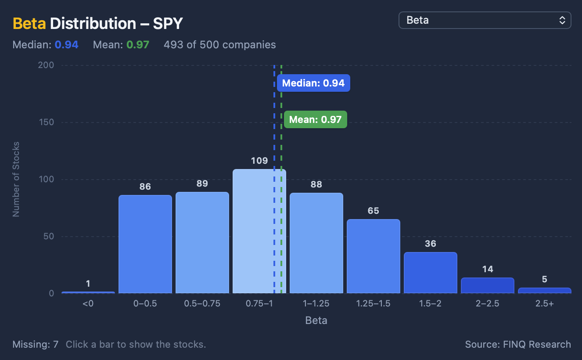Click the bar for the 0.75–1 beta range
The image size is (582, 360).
pyautogui.click(x=259, y=231)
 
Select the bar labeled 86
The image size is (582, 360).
pyautogui.click(x=145, y=245)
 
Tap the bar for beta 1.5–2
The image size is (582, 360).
pyautogui.click(x=431, y=273)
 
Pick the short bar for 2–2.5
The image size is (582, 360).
pyautogui.click(x=488, y=286)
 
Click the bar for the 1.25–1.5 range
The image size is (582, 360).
pyautogui.click(x=374, y=256)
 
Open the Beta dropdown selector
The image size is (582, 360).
pyautogui.click(x=485, y=20)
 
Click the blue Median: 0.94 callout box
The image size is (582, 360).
pyautogui.click(x=313, y=83)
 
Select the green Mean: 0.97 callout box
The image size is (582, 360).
pyautogui.click(x=316, y=119)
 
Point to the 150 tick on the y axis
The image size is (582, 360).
pyautogui.click(x=47, y=122)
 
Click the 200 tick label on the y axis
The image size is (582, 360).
pyautogui.click(x=46, y=65)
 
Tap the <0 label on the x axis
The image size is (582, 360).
pyautogui.click(x=88, y=303)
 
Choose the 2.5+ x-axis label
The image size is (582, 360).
pyautogui.click(x=545, y=303)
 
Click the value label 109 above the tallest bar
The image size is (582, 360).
pyautogui.click(x=259, y=161)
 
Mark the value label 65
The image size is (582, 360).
pyautogui.click(x=374, y=211)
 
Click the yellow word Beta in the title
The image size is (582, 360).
pyautogui.click(x=29, y=24)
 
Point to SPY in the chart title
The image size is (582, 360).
pyautogui.click(x=168, y=24)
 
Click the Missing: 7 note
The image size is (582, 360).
pyautogui.click(x=36, y=344)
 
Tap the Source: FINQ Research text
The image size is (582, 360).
pyautogui.click(x=518, y=344)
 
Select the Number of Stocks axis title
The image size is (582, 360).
pyautogui.click(x=16, y=179)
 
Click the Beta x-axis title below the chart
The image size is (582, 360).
pyautogui.click(x=316, y=320)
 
